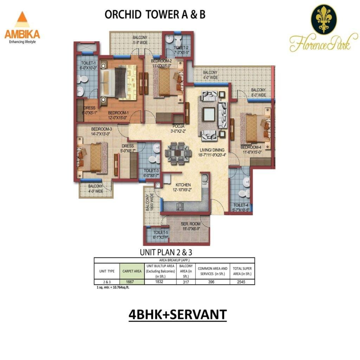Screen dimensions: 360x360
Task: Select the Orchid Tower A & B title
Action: pos(155,15)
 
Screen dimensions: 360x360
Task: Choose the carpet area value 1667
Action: pos(131,281)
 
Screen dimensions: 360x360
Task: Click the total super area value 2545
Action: pos(242,281)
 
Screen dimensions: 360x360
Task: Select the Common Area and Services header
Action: pos(212,271)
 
